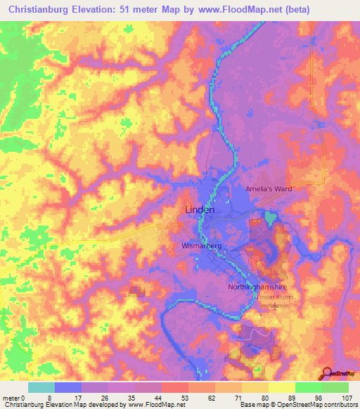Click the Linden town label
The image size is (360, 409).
pyautogui.click(x=199, y=209)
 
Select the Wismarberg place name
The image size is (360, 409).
pyautogui.click(x=202, y=247)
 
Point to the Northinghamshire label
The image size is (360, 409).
pyautogui.click(x=258, y=287)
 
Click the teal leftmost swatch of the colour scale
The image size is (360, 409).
pyautogui.click(x=41, y=387)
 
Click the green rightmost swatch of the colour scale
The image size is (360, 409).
pyautogui.click(x=335, y=387)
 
